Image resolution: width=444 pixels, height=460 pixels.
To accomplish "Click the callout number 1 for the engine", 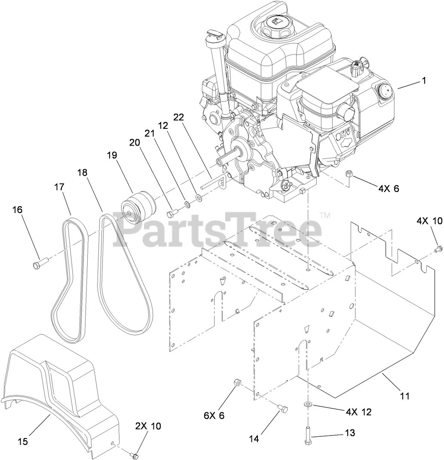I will click(424, 80).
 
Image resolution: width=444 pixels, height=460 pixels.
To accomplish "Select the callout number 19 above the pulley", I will click(112, 155).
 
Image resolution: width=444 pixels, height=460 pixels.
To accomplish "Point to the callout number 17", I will click(59, 187).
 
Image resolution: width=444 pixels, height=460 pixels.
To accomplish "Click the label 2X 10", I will click(149, 426).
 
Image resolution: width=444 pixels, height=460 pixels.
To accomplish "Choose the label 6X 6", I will click(214, 415).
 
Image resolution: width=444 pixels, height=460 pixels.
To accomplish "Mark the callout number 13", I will click(350, 433).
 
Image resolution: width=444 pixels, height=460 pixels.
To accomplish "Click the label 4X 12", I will click(358, 412).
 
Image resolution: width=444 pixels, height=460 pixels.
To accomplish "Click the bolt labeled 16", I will click(38, 263).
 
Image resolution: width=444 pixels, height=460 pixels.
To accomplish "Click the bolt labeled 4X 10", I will click(439, 248).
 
